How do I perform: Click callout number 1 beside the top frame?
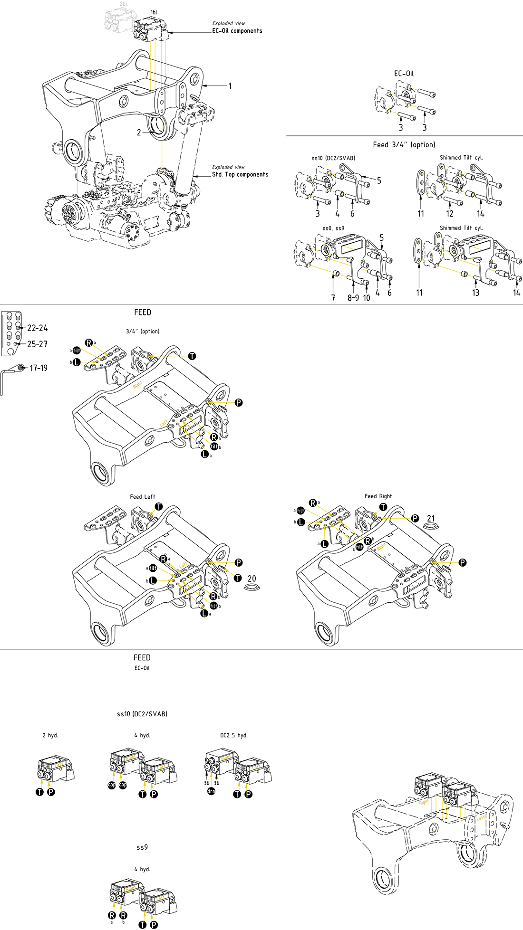(x=230, y=86)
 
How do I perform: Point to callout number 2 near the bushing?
(x=139, y=133)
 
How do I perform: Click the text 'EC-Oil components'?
(x=237, y=31)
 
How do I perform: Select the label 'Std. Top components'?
(x=240, y=174)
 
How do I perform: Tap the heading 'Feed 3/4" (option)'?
(x=404, y=144)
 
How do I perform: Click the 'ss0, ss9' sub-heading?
(x=333, y=228)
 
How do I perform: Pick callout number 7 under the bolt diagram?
(x=333, y=298)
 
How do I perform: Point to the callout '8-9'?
(x=353, y=298)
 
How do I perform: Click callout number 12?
(x=450, y=214)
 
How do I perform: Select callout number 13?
(x=475, y=293)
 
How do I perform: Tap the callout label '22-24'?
(x=38, y=328)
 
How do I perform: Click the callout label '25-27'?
(x=37, y=344)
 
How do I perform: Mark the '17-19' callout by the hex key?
(x=39, y=368)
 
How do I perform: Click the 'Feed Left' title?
(x=143, y=497)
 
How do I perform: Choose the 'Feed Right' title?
(x=378, y=496)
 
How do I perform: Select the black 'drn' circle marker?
(x=211, y=791)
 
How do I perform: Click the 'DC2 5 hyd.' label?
(x=234, y=735)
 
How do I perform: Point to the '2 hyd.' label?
(x=50, y=735)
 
